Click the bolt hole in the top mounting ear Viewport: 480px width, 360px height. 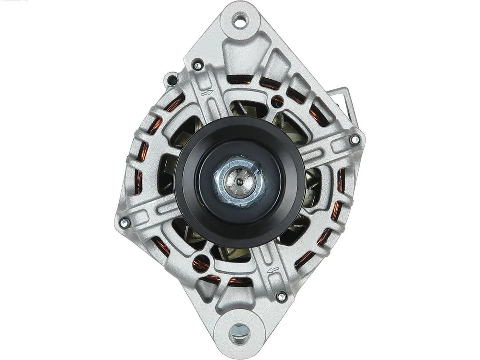coord(240,20)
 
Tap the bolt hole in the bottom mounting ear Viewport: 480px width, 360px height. coord(240,331)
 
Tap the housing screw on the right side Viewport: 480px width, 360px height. coord(354,140)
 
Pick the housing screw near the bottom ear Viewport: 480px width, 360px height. coord(280,296)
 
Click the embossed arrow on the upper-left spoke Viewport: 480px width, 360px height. coord(206,93)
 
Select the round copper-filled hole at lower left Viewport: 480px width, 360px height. coord(201,263)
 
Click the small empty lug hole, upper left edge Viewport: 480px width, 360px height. coord(171,80)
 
